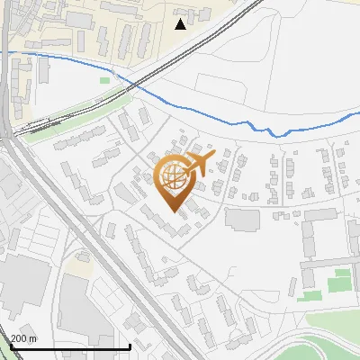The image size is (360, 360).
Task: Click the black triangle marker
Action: click(181, 23)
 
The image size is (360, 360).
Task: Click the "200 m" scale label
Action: click(24, 338)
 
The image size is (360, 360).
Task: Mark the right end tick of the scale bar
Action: click(130, 346)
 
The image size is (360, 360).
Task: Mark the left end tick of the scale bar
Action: click(10, 346)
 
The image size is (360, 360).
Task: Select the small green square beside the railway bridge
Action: click(104, 80)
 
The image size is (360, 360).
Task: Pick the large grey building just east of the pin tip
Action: click(240, 219)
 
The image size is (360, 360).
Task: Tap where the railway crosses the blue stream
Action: click(128, 84)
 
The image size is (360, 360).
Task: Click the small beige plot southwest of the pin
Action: click(82, 267)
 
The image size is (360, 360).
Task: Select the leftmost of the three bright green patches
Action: click(310, 295)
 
